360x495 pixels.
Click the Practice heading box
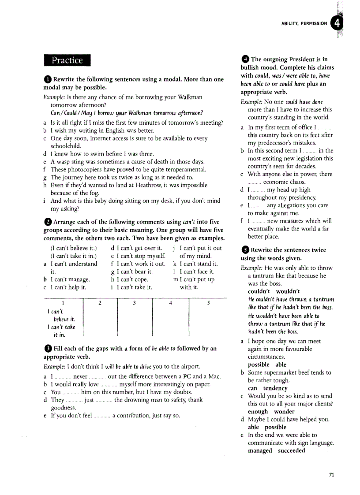pyautogui.click(x=67, y=60)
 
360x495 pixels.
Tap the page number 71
pyautogui.click(x=332, y=475)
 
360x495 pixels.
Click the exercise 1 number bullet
pyautogui.click(x=47, y=79)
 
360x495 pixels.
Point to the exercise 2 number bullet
pyautogui.click(x=47, y=222)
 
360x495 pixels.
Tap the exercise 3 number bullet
pyautogui.click(x=47, y=349)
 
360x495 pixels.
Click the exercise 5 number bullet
pyautogui.click(x=245, y=250)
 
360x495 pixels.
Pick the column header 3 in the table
pyautogui.click(x=134, y=303)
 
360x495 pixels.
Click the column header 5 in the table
pyautogui.click(x=208, y=303)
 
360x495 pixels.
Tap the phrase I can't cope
pyautogui.click(x=130, y=279)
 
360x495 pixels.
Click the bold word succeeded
pyautogui.click(x=292, y=450)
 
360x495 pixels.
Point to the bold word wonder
pyautogui.click(x=284, y=412)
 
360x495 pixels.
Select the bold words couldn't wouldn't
pyautogui.click(x=274, y=291)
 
